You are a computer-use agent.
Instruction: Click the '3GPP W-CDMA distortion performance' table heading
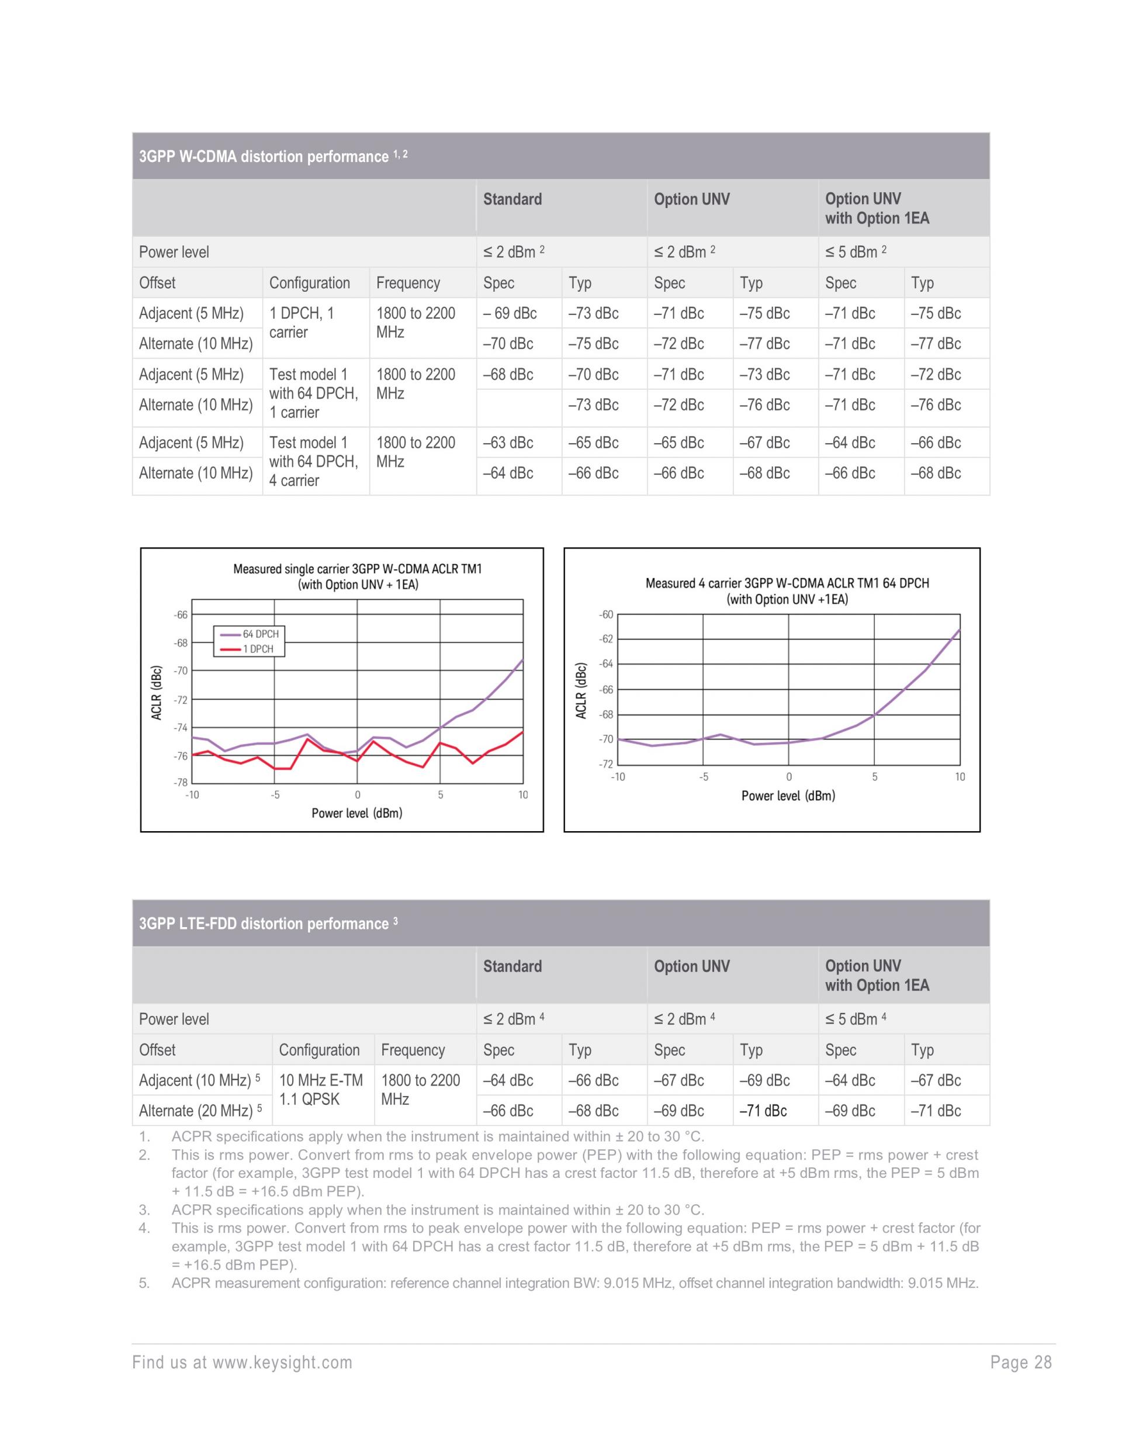coord(265,157)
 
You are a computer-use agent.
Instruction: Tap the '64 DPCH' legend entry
coord(260,634)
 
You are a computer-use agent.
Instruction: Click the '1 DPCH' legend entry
coord(257,649)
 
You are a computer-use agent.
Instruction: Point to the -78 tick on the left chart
coord(181,783)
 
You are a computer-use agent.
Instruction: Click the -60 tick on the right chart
coord(605,615)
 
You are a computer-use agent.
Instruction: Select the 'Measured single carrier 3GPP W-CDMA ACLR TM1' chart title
coord(358,569)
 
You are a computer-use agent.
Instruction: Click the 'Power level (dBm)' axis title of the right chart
coord(788,796)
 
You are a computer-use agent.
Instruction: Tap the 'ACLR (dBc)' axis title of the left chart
coord(157,692)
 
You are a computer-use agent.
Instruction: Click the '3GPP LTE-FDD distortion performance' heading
coord(264,924)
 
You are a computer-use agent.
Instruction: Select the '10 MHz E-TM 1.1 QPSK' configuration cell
coord(321,1090)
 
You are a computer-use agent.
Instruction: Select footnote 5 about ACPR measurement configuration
coord(574,1283)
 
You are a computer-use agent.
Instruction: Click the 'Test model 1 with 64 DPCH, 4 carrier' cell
coord(314,461)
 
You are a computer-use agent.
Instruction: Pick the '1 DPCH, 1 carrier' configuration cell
coord(302,323)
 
